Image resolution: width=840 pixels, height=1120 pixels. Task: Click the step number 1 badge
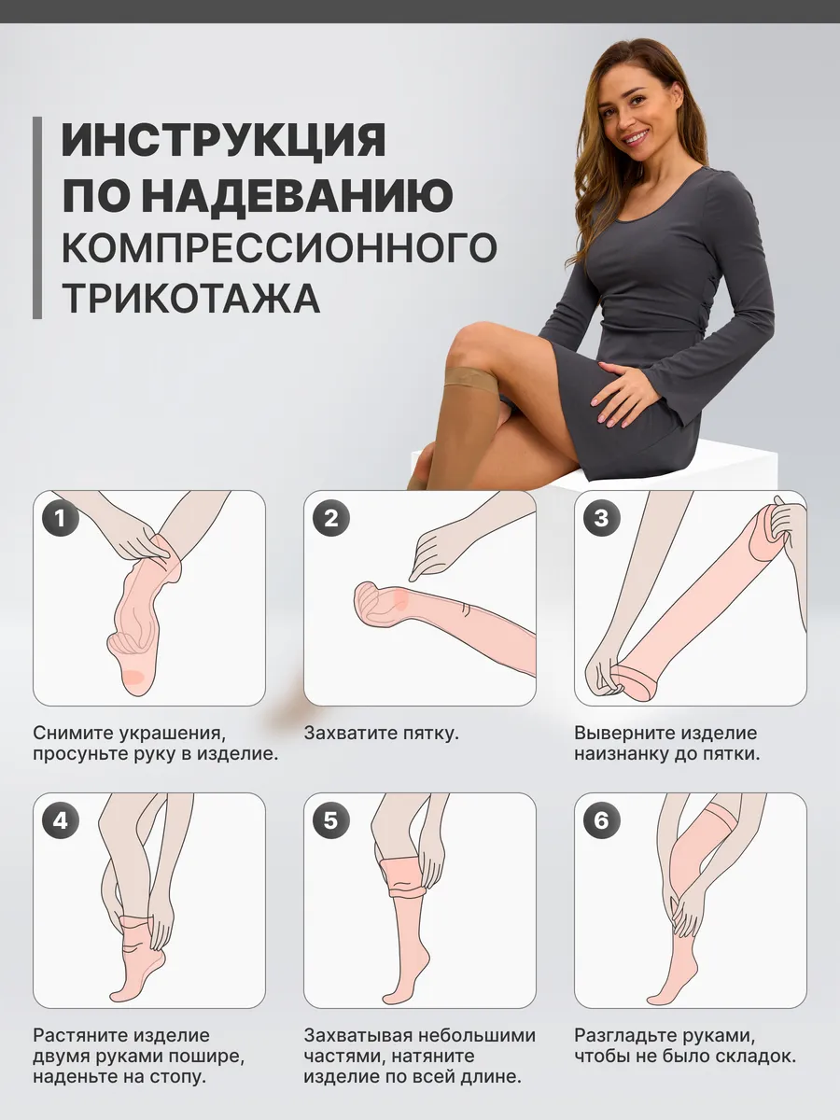click(60, 518)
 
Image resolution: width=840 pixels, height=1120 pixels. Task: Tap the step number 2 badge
click(331, 518)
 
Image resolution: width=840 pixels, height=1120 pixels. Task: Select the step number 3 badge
click(602, 518)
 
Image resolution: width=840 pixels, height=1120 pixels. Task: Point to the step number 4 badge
click(60, 820)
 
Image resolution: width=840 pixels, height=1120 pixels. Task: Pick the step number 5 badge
click(331, 820)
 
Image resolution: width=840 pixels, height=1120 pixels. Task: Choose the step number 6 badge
click(602, 820)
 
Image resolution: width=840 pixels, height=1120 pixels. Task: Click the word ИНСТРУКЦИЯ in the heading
click(223, 140)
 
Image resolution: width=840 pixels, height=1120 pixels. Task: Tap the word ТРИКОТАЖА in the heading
click(191, 298)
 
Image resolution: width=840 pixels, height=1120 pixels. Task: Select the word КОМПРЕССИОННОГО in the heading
click(279, 246)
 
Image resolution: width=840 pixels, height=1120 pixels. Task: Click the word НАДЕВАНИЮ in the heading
click(301, 194)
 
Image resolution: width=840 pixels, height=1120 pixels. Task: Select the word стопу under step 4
click(178, 1078)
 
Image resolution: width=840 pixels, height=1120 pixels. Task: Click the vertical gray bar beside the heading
click(36, 217)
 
